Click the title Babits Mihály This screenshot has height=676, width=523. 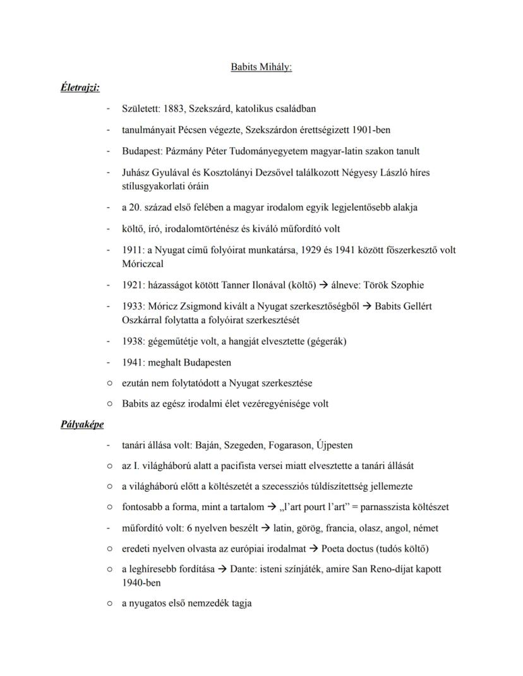[261, 67]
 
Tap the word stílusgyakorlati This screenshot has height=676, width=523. [152, 186]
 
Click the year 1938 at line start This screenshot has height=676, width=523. [133, 341]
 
